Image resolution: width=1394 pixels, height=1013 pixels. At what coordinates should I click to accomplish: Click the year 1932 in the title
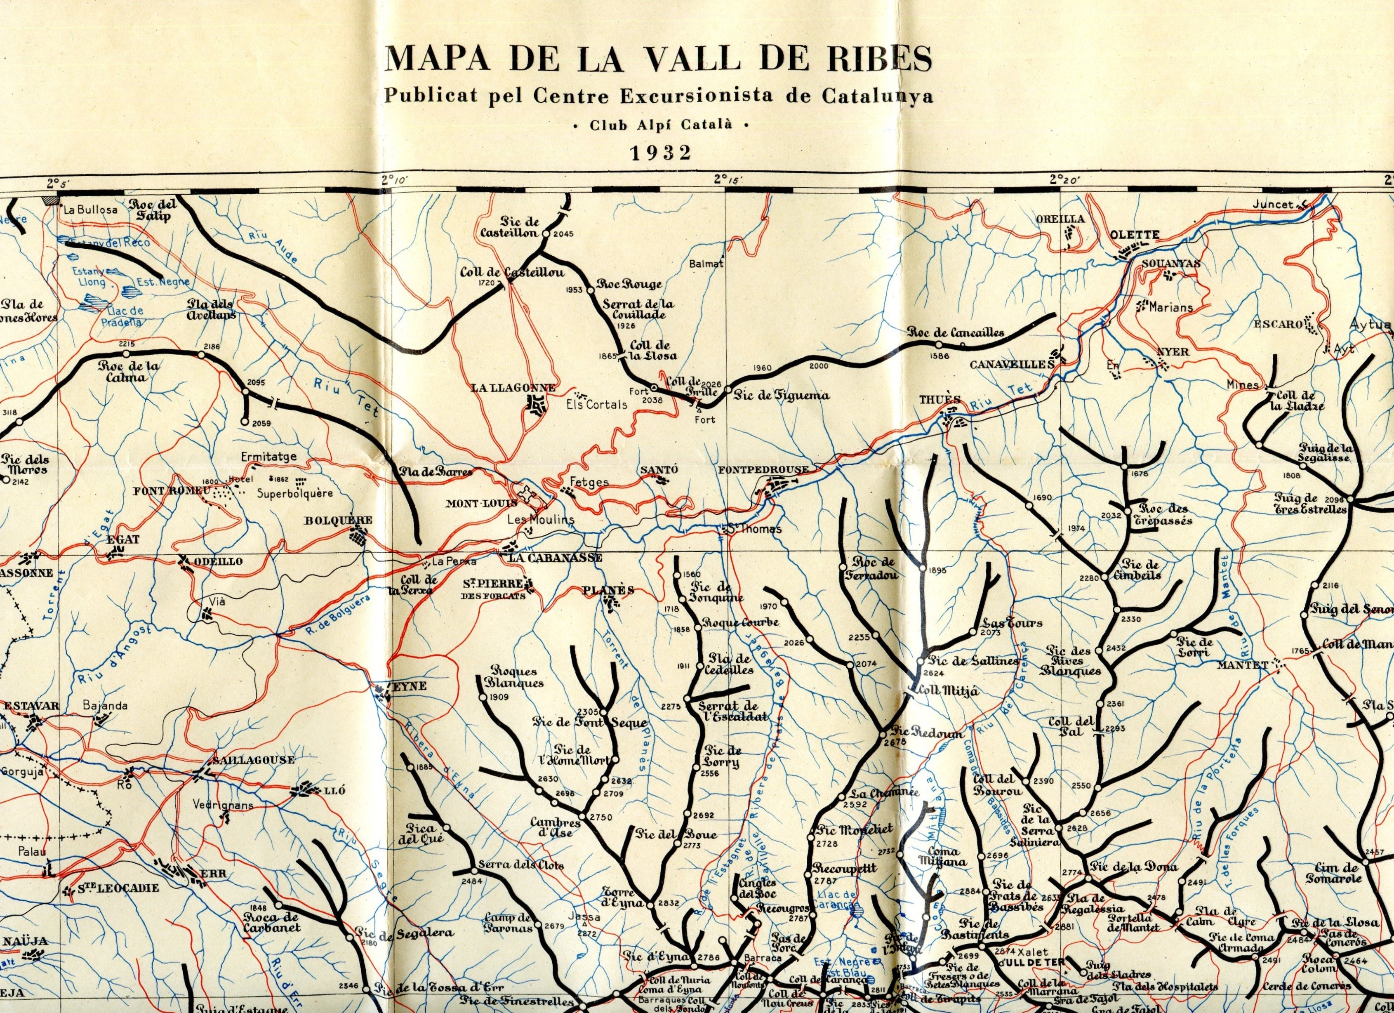click(x=661, y=153)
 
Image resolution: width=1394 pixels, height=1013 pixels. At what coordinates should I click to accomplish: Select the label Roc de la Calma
click(x=128, y=371)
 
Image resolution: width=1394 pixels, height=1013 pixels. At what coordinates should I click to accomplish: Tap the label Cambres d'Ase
click(x=556, y=827)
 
